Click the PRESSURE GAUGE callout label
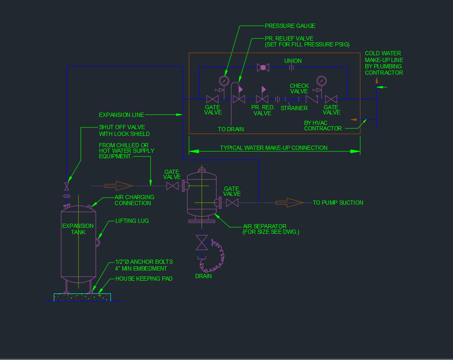coord(290,26)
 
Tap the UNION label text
coord(293,61)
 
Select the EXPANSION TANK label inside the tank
coord(78,229)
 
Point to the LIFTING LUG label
coord(132,221)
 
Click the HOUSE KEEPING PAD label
coord(144,279)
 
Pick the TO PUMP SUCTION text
coord(338,203)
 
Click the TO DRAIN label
coord(231,129)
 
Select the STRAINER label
coord(294,108)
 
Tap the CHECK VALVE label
coord(299,89)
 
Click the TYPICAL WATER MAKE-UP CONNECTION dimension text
coord(274,148)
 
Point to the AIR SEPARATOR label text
coord(265,226)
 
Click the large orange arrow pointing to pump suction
coord(290,203)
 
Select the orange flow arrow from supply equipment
coord(119,185)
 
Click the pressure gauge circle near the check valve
coord(321,80)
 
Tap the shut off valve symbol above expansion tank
coord(67,186)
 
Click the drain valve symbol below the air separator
coord(202,243)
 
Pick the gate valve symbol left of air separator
coord(172,185)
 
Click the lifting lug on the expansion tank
coord(97,243)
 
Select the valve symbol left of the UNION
coord(263,67)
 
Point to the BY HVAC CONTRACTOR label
coord(323,125)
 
